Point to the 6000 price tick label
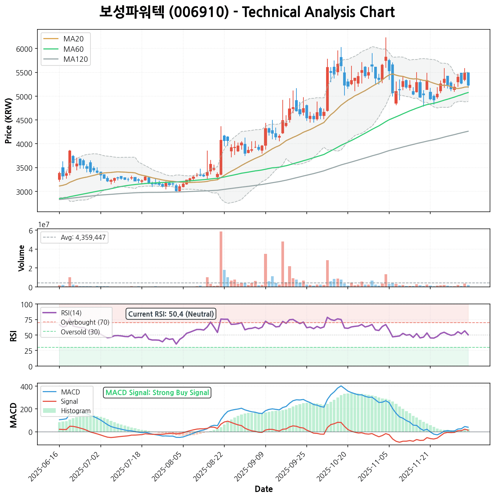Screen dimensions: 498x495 25,49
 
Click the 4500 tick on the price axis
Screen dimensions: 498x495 25,121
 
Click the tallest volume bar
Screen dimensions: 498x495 221,259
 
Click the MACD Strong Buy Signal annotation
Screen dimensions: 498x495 157,393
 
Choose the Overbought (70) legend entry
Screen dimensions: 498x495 85,323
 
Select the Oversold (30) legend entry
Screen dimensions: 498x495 80,332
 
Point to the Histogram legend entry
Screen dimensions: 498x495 76,411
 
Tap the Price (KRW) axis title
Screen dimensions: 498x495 9,121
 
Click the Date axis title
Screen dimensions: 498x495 264,489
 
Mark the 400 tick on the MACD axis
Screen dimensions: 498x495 27,387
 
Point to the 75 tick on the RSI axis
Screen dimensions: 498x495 29,320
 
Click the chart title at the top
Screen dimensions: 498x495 247,12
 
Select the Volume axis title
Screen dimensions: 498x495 22,258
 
